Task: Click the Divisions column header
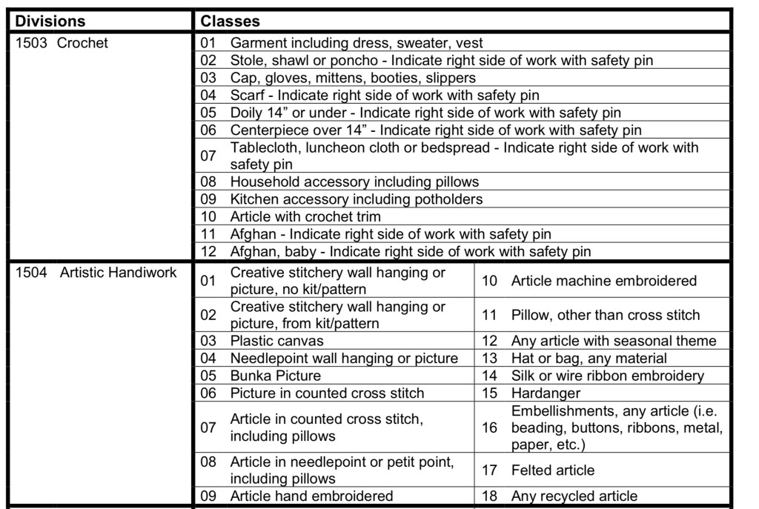click(50, 21)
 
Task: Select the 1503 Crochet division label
click(62, 43)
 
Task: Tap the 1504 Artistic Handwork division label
click(96, 273)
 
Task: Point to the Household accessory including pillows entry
click(354, 182)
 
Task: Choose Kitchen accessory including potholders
click(357, 199)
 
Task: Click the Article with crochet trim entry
click(316, 217)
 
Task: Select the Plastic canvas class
click(276, 341)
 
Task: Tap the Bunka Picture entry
click(275, 376)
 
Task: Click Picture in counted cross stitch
click(327, 393)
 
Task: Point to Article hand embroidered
click(311, 496)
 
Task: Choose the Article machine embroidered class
click(603, 281)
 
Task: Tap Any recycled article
click(574, 496)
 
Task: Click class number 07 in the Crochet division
click(208, 156)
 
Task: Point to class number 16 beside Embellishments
click(490, 428)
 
